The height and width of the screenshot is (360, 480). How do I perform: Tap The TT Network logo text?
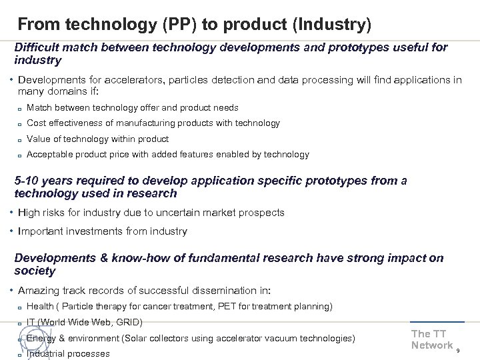(x=431, y=339)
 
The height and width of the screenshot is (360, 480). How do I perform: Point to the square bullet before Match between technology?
(x=21, y=108)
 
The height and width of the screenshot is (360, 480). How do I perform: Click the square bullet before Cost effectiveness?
(x=21, y=123)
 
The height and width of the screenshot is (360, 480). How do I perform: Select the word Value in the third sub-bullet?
(x=39, y=139)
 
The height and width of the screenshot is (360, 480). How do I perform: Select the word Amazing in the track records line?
(x=39, y=291)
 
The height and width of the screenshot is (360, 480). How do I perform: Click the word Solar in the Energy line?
(x=135, y=338)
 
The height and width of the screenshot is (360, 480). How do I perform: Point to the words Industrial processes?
(x=68, y=353)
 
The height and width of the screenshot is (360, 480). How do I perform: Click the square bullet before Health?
(x=21, y=307)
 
